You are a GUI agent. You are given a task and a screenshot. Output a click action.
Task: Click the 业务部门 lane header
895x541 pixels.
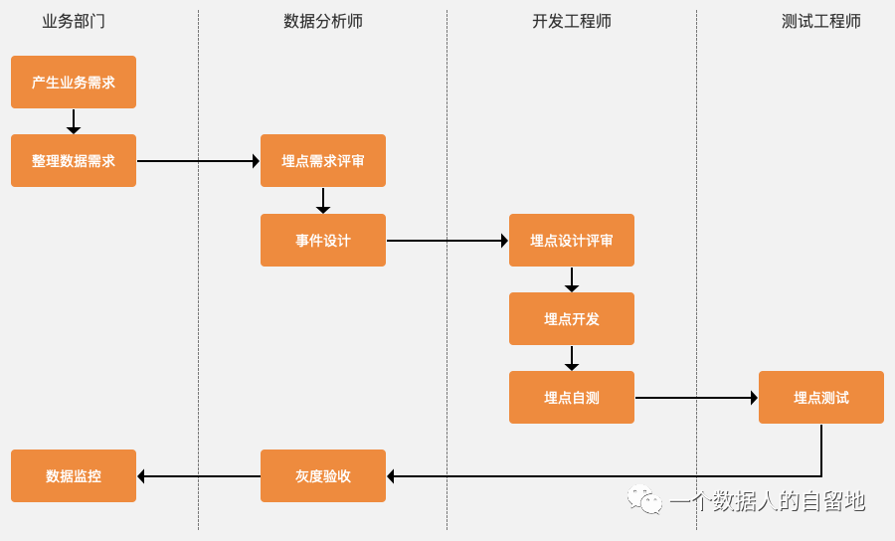(x=74, y=22)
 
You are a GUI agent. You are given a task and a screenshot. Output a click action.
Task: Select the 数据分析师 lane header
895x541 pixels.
(x=323, y=22)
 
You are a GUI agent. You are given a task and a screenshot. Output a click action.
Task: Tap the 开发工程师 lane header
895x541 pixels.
(x=572, y=22)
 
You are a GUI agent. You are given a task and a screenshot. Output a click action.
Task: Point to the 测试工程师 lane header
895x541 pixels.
(x=821, y=22)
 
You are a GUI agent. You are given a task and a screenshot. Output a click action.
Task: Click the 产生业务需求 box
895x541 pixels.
(x=74, y=83)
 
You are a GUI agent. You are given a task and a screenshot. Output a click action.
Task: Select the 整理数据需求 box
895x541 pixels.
(x=74, y=161)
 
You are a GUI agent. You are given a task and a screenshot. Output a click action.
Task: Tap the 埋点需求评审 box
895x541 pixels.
(x=323, y=161)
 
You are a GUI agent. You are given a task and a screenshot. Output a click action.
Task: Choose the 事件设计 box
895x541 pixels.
(x=323, y=241)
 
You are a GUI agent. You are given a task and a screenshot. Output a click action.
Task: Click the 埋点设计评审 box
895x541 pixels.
(x=572, y=241)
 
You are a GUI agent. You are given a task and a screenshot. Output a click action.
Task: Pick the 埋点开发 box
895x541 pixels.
(x=572, y=319)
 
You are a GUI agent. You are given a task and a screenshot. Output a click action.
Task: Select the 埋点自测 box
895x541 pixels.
(x=572, y=398)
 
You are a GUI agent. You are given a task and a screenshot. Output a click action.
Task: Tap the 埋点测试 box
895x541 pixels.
(x=821, y=398)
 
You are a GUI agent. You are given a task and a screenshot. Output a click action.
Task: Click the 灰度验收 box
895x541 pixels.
(x=323, y=476)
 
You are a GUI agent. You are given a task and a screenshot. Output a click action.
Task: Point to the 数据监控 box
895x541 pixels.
(x=74, y=476)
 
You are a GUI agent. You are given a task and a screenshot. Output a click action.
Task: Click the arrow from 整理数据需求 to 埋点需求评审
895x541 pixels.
(x=198, y=161)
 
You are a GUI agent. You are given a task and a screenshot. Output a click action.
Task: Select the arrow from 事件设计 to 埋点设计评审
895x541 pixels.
(x=447, y=241)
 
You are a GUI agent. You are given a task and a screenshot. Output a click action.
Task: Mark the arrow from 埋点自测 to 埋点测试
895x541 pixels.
(x=696, y=398)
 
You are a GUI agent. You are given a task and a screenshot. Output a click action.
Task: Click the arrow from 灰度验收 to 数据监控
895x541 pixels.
(x=199, y=476)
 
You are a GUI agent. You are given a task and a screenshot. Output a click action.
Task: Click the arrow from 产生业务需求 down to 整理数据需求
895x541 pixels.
(x=74, y=121)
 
